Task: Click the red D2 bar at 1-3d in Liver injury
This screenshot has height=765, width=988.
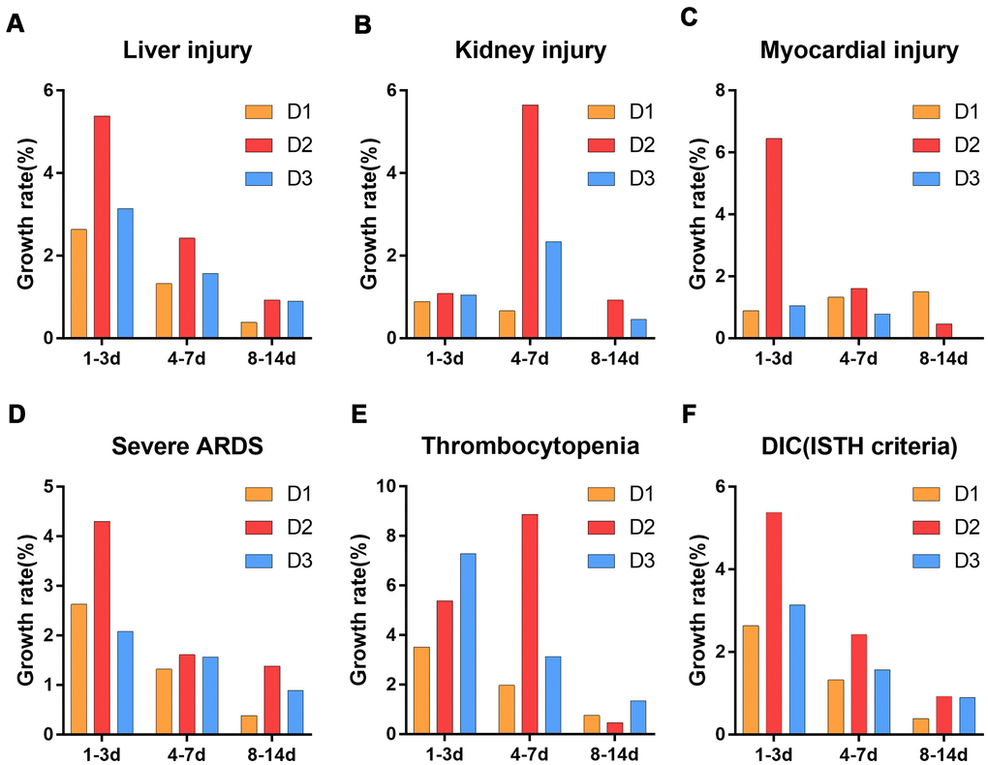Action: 102,228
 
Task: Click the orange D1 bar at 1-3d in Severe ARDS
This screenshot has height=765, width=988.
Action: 78,669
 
